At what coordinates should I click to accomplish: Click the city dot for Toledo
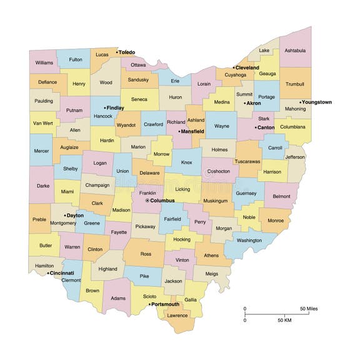coord(117,52)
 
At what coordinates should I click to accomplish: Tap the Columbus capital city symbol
coord(147,201)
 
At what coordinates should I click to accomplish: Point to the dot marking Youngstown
coord(300,102)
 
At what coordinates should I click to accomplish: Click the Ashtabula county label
coord(296,50)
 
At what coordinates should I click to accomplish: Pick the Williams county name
coord(44,62)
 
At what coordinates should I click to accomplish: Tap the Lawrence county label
coord(177,315)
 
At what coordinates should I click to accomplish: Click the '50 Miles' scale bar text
coord(309,309)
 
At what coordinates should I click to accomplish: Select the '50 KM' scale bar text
coord(284,320)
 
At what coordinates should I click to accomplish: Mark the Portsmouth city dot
coord(149,304)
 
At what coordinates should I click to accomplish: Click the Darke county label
coord(42,185)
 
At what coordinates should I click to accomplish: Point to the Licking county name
coord(183,189)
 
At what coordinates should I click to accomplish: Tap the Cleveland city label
coord(247,67)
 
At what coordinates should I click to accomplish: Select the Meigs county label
coord(212,273)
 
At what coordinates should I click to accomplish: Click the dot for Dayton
coord(65,215)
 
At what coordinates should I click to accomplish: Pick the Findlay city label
coord(115,107)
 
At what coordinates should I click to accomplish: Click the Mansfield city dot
coord(179,132)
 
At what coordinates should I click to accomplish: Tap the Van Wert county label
coord(42,123)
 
